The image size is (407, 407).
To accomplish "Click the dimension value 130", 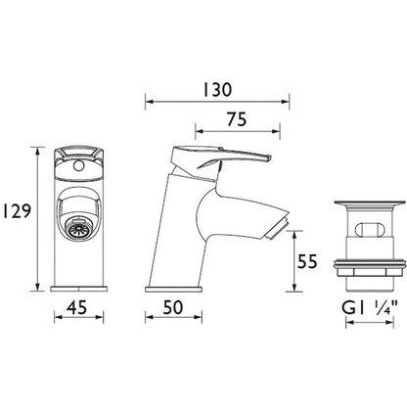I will coord(218,89).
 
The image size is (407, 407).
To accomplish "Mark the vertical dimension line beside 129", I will coord(37,207).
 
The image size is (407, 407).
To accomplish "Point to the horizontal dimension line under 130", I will coord(218,101).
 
